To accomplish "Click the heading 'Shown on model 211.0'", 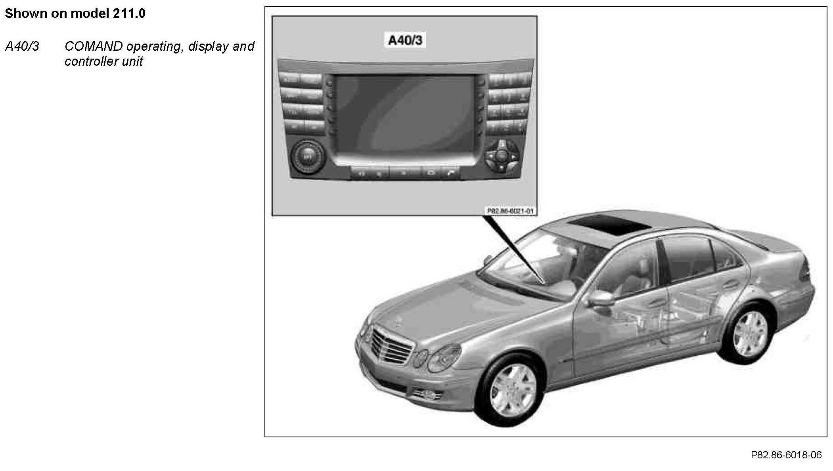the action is [75, 14].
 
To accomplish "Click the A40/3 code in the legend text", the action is [22, 47].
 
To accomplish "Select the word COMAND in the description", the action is [94, 47].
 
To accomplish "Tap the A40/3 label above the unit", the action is [405, 40].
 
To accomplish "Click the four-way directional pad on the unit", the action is [501, 155].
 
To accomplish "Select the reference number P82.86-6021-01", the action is [510, 211].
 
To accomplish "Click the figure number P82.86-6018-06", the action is [786, 455].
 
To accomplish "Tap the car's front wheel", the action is [512, 390].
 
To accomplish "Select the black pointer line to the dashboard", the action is [514, 249].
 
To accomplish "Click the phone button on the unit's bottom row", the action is [451, 173].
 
